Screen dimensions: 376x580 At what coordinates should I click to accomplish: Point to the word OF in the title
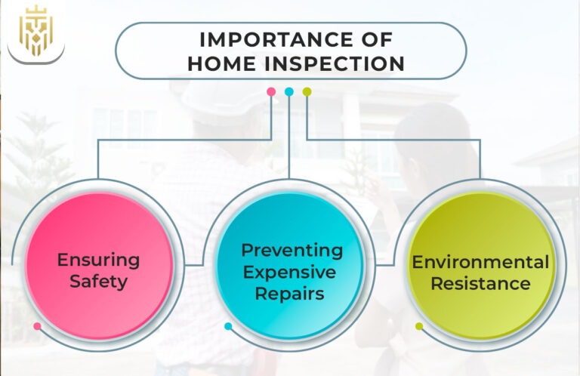point(374,39)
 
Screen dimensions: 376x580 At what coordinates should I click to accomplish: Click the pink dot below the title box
point(271,91)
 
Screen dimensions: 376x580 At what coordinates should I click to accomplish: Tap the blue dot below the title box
point(289,91)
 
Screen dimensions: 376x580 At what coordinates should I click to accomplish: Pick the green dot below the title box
point(307,91)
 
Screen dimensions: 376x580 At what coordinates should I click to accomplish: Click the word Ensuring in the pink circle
point(99,260)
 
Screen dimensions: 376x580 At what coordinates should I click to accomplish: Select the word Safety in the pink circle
point(99,282)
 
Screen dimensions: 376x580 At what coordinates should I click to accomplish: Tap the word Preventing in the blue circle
point(292,250)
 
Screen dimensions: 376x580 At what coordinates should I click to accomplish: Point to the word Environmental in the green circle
point(480,262)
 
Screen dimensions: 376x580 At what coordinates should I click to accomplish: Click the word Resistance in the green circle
point(480,284)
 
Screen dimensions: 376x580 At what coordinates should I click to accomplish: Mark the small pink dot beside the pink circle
point(37,326)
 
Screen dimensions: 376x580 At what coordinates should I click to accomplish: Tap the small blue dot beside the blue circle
point(228,326)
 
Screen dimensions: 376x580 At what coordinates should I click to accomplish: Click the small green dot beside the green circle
point(419,326)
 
